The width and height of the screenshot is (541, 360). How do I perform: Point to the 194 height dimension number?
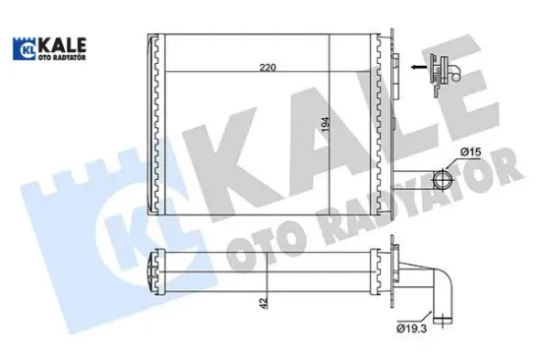pos(327,125)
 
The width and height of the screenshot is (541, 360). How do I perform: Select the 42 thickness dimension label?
pos(261,305)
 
